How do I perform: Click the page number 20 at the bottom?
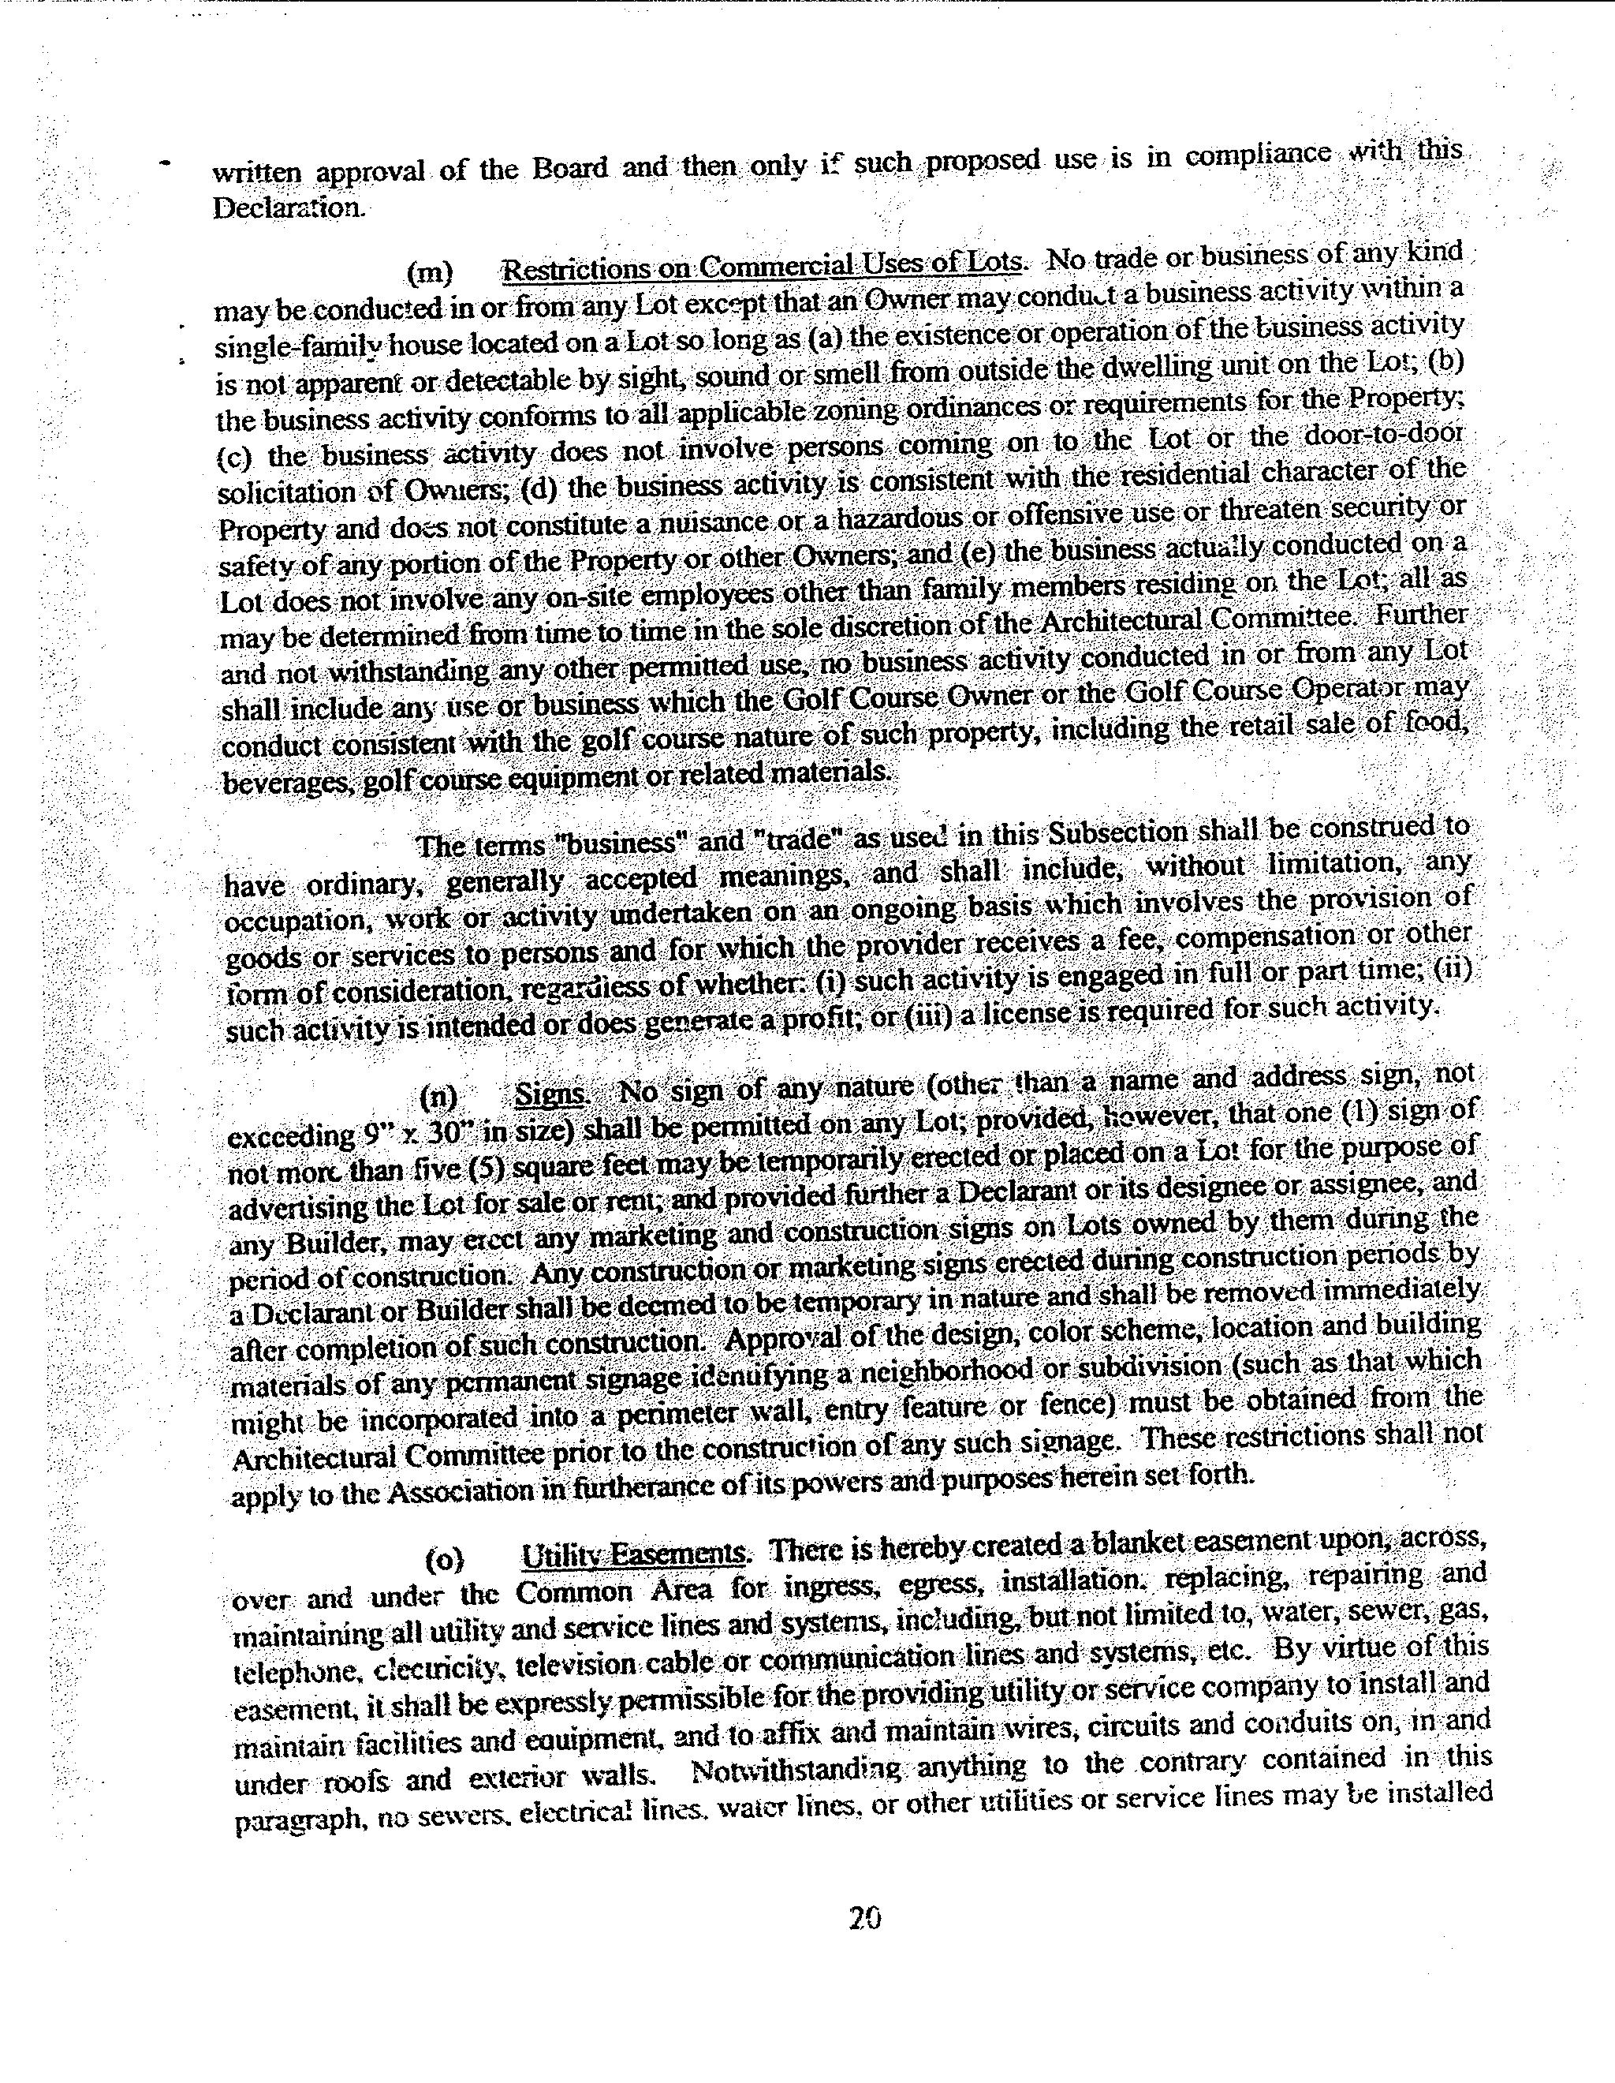click(x=863, y=1917)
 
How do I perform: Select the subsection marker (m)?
click(x=429, y=274)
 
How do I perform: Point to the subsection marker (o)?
click(x=444, y=1558)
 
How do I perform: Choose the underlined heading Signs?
click(x=549, y=1093)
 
